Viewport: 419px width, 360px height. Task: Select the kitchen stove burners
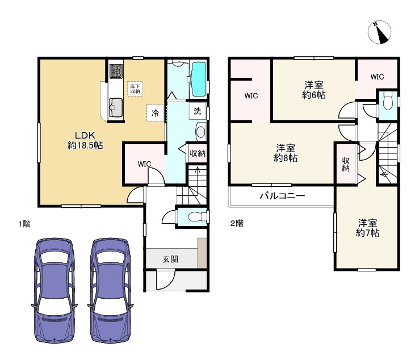(x=116, y=71)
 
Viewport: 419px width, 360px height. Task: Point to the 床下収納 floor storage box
(x=135, y=88)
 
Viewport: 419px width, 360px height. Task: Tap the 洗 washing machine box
(x=197, y=111)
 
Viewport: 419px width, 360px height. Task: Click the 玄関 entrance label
(x=170, y=259)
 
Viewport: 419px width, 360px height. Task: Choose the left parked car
(x=55, y=290)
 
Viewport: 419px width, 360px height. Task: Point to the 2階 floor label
(x=237, y=223)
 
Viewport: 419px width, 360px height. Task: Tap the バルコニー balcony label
(x=282, y=195)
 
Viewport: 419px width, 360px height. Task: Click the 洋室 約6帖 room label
(x=313, y=90)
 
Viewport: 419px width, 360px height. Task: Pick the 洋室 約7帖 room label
(x=368, y=227)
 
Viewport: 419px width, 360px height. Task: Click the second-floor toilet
(x=388, y=103)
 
